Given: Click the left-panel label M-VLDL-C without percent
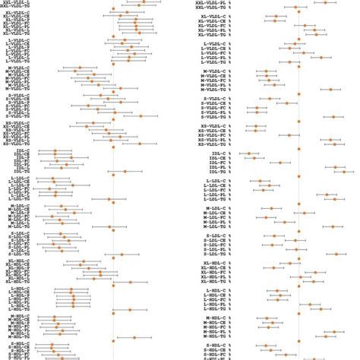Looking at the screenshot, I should [x=21, y=70].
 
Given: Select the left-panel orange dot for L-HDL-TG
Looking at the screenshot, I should [x=130, y=308].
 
